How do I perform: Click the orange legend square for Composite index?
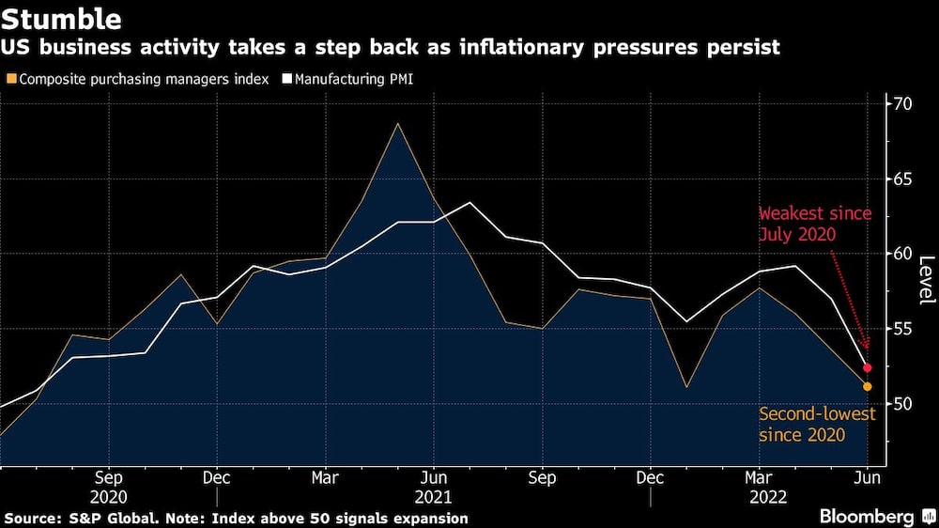tap(10, 79)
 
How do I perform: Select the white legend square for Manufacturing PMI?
tap(288, 79)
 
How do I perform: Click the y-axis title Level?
tap(926, 279)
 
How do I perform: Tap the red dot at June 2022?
tap(868, 367)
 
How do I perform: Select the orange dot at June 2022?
tap(868, 386)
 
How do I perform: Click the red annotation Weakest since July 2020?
tap(815, 223)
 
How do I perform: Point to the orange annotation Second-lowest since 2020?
tap(817, 424)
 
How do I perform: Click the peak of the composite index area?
tap(397, 124)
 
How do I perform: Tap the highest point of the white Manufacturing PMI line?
tap(469, 203)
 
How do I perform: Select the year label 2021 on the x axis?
tap(433, 496)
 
